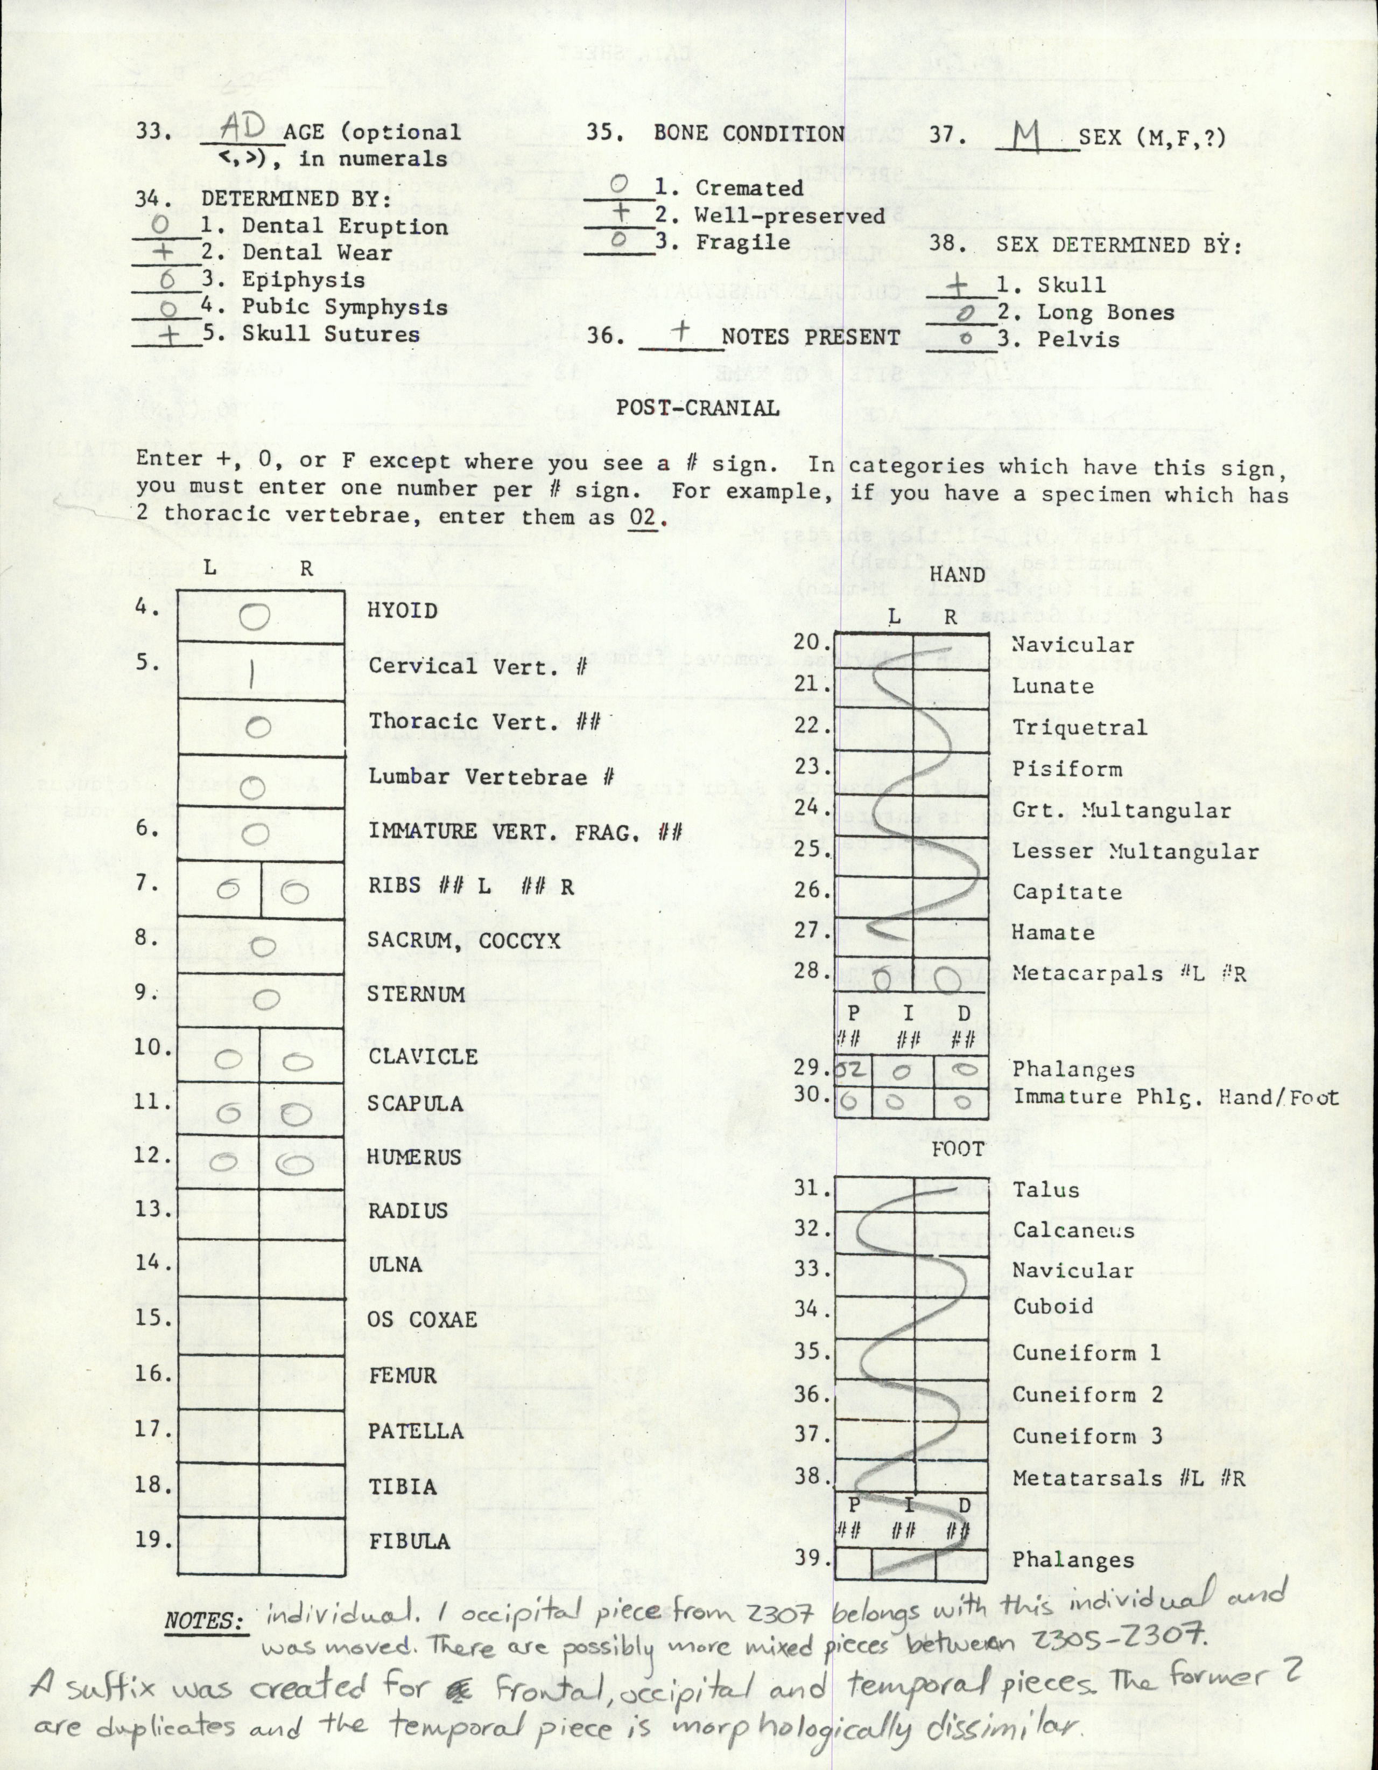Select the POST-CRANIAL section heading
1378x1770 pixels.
pos(698,408)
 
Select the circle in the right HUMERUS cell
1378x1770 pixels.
pos(295,1165)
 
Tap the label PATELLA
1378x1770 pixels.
pos(416,1431)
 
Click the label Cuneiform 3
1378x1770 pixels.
pos(1087,1436)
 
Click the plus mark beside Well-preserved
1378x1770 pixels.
pos(620,213)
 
